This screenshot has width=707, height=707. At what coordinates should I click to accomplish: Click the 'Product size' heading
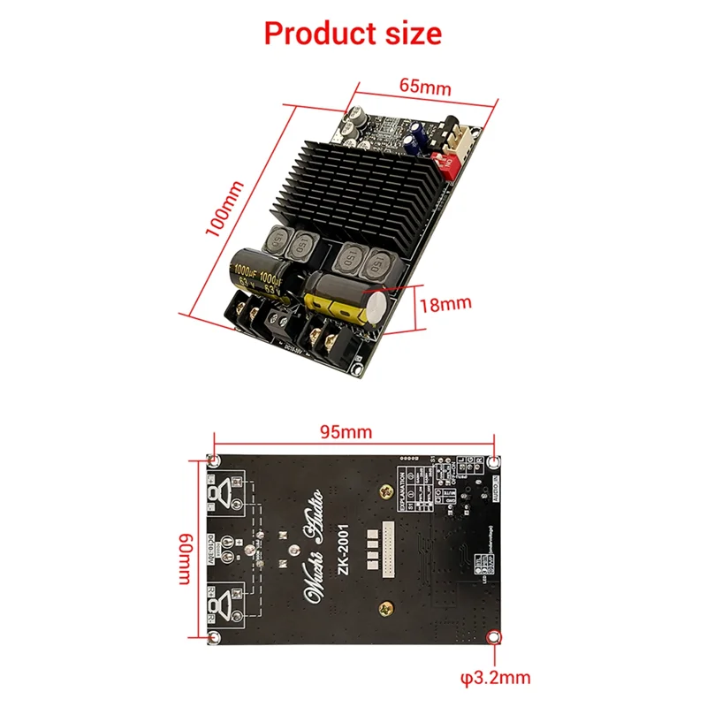[x=353, y=34]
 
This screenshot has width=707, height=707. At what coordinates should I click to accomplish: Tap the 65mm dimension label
[x=424, y=87]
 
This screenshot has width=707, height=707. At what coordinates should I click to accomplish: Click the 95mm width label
[x=346, y=432]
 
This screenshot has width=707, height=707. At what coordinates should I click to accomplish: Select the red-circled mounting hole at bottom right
[x=494, y=639]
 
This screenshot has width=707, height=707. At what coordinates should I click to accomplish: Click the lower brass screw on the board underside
[x=386, y=607]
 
